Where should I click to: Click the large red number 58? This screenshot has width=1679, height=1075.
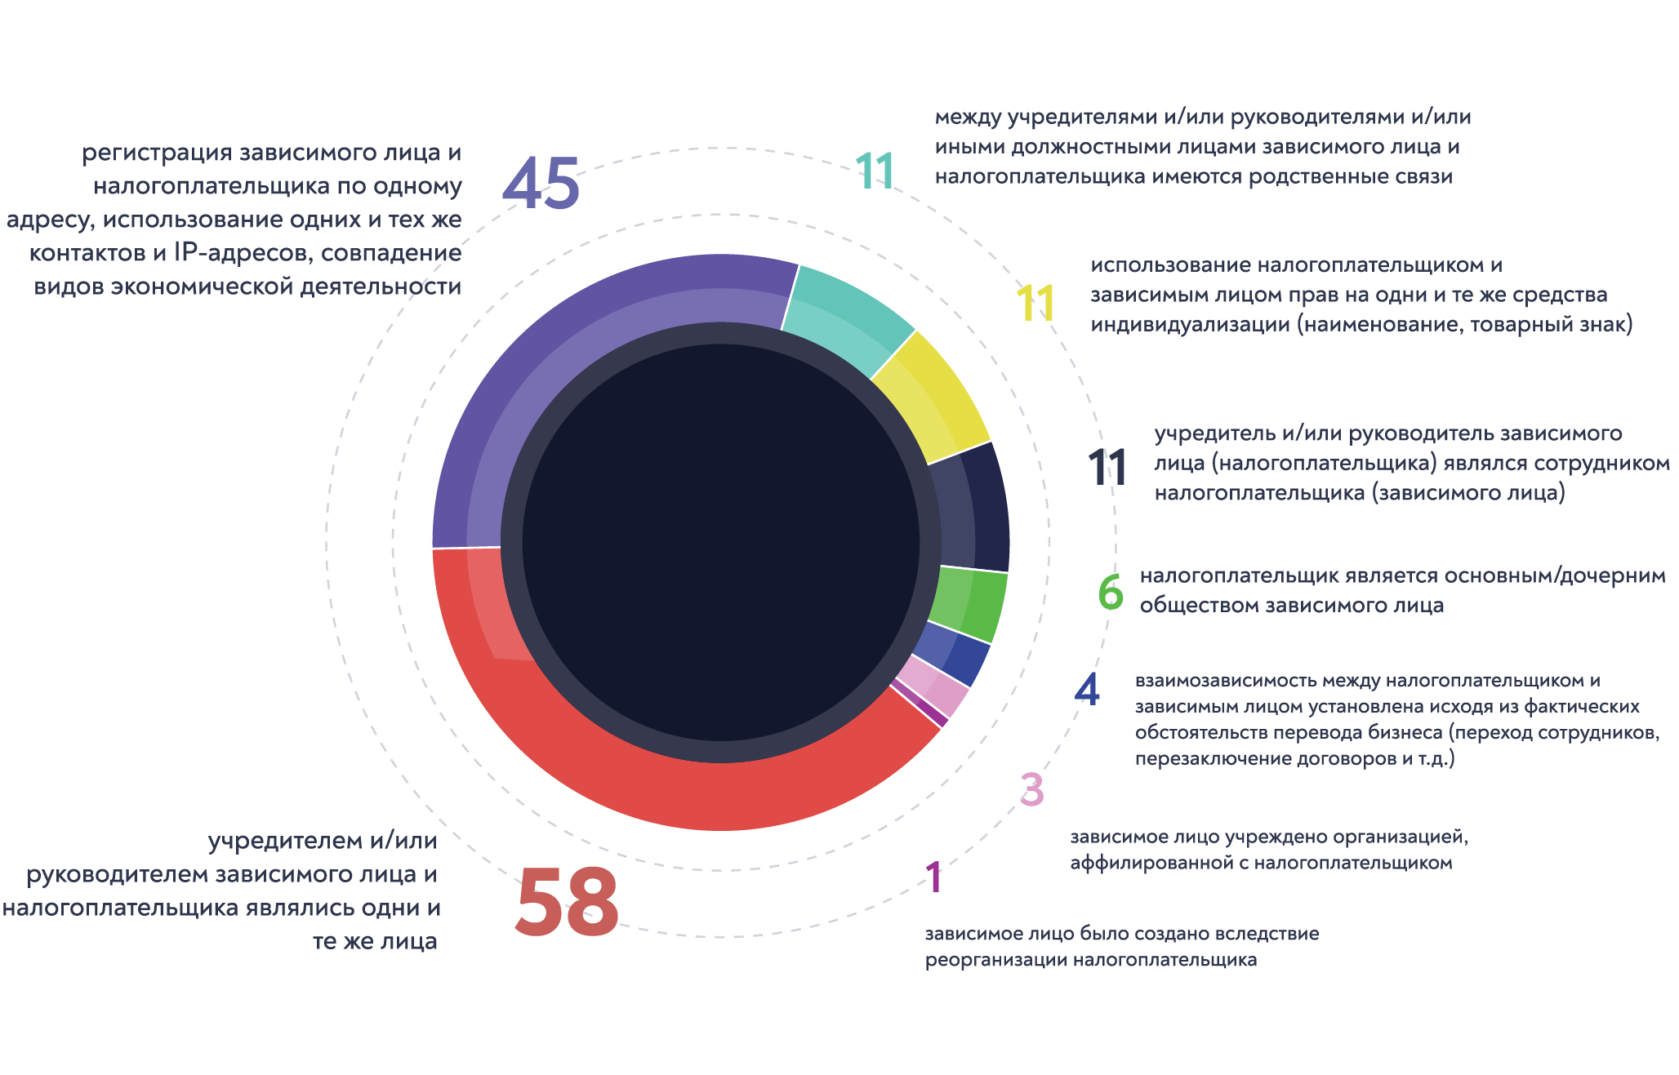567,902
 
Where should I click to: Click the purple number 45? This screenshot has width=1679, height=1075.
541,184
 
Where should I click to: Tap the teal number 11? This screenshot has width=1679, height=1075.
875,171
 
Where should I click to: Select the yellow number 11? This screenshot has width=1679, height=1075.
1035,304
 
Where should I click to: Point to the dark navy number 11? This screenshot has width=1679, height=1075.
1107,468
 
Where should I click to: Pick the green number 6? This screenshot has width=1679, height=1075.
1111,592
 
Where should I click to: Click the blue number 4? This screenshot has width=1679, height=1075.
1087,689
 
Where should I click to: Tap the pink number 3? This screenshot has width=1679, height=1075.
1032,789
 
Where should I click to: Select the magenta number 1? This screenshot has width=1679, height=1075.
934,878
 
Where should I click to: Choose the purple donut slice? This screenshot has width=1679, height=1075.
572,343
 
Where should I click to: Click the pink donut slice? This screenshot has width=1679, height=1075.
939,691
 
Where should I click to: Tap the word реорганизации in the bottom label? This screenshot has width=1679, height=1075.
995,960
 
